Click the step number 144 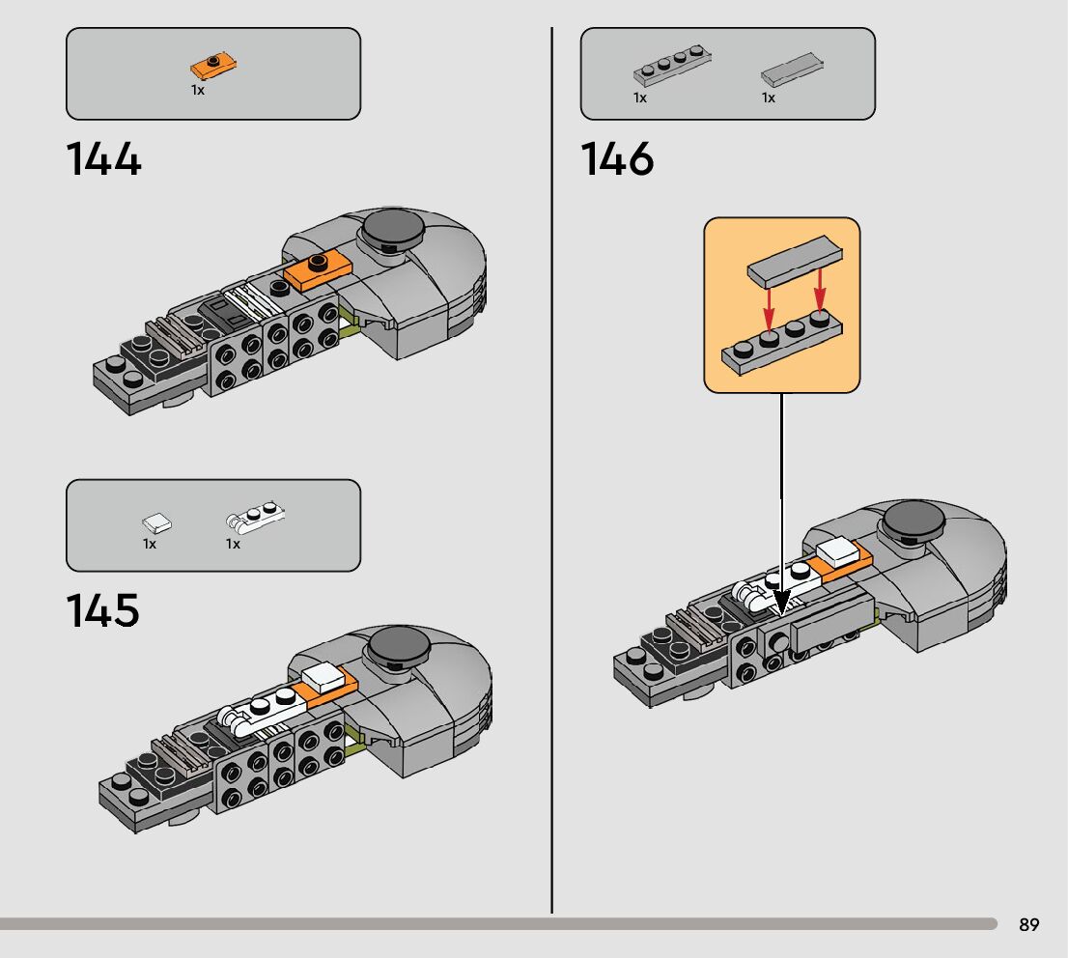pyautogui.click(x=103, y=159)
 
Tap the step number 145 pyautogui.click(x=102, y=611)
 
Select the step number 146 pyautogui.click(x=617, y=159)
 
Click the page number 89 pyautogui.click(x=1028, y=925)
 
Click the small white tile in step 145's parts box pyautogui.click(x=157, y=524)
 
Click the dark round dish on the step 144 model pyautogui.click(x=392, y=228)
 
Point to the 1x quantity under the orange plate pyautogui.click(x=197, y=90)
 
